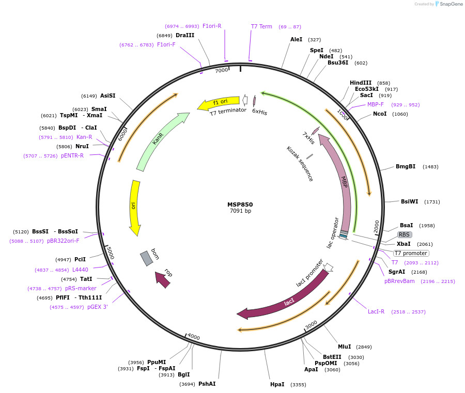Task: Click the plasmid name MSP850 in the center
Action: click(240, 204)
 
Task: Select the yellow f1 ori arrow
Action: click(219, 103)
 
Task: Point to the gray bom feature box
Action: click(147, 258)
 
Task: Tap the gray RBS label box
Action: click(404, 234)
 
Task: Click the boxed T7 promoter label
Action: click(411, 253)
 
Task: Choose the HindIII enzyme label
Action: click(361, 83)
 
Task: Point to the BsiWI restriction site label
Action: click(410, 201)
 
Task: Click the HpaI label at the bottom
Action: click(277, 384)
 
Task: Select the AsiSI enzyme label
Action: click(108, 96)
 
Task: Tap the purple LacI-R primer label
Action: click(376, 311)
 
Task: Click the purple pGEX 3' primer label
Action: click(98, 307)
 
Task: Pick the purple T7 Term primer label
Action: click(261, 26)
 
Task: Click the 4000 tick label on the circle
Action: click(193, 337)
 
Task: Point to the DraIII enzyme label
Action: click(185, 35)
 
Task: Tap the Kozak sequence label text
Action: click(300, 164)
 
